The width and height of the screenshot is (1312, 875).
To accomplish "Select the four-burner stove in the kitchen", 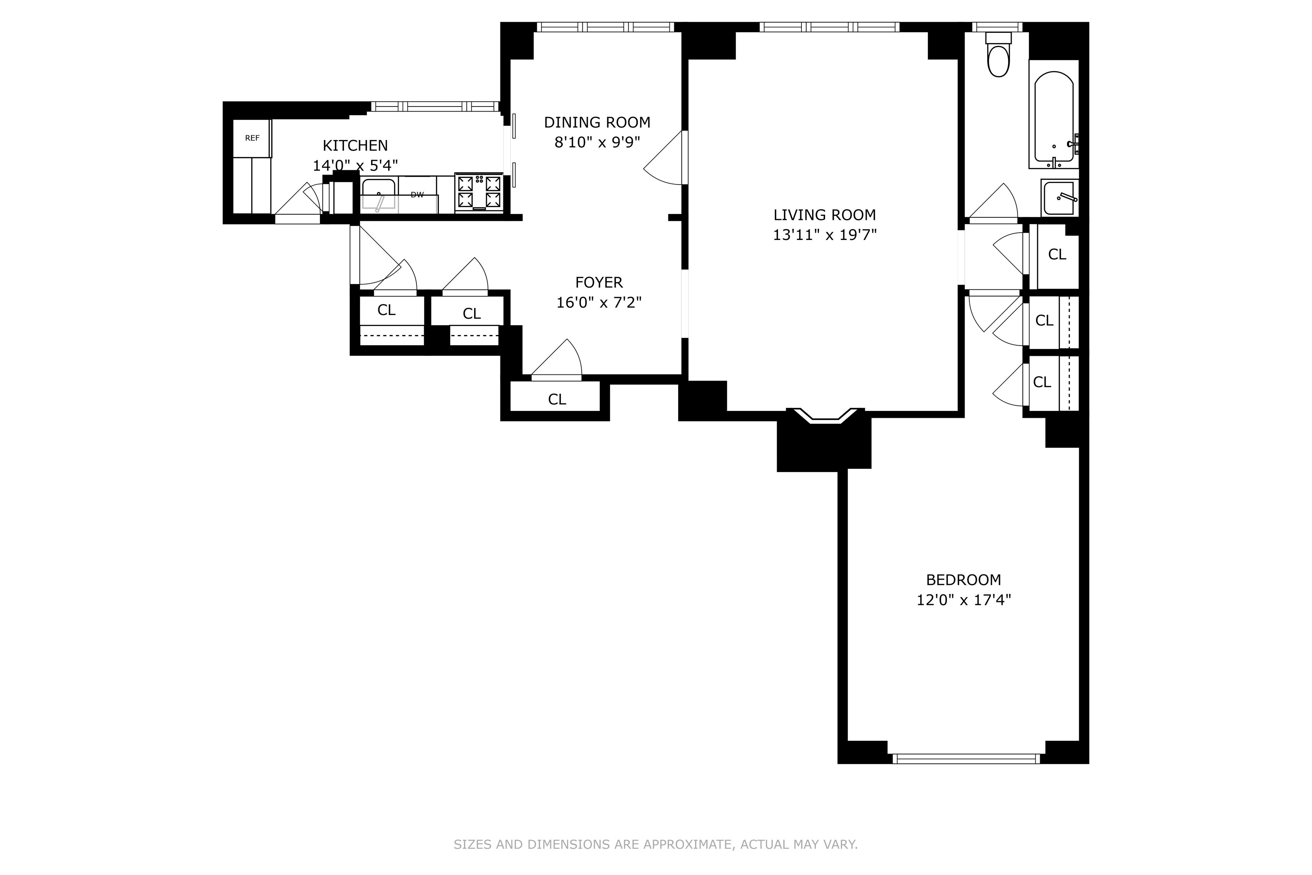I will [x=479, y=192].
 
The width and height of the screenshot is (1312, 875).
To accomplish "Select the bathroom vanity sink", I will [x=1059, y=198].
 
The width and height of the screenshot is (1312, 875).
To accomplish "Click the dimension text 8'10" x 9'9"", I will [x=597, y=142].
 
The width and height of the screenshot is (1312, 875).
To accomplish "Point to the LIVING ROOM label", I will [x=824, y=215].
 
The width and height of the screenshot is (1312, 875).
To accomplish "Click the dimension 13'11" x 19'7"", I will [x=824, y=235].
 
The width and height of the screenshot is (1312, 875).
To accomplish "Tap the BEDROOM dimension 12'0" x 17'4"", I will [x=963, y=600].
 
